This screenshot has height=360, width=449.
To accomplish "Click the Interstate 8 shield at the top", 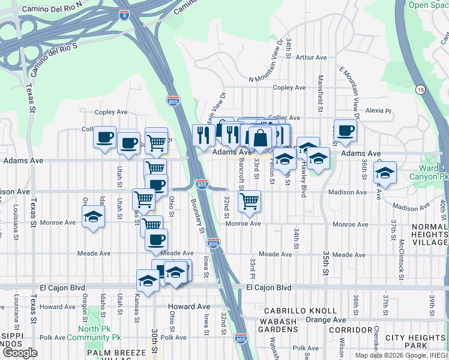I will [124, 14].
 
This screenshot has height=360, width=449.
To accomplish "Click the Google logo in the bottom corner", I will [20, 353].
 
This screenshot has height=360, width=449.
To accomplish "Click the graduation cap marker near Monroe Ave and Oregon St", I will [94, 217].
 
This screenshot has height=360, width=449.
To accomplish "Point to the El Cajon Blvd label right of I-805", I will [269, 288].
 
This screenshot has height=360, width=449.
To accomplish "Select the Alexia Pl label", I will [378, 110].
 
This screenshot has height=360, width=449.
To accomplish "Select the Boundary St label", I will [197, 215].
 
